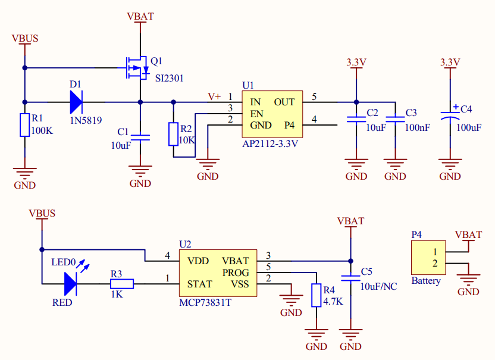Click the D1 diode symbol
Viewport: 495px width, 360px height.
pyautogui.click(x=76, y=102)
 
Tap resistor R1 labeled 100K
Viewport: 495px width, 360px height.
pyautogui.click(x=24, y=125)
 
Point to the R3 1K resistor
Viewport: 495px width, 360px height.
pyautogui.click(x=122, y=284)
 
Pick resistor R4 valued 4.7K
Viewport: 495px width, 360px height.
pyautogui.click(x=316, y=296)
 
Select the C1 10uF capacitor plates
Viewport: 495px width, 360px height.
pyautogui.click(x=140, y=137)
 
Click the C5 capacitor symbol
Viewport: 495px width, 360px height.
pyautogui.click(x=350, y=278)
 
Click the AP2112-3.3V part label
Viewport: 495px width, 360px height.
pyautogui.click(x=270, y=144)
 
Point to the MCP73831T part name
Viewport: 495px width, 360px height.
pyautogui.click(x=205, y=303)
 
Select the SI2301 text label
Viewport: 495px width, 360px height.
pyautogui.click(x=170, y=78)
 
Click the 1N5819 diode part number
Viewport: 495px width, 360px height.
pyautogui.click(x=86, y=120)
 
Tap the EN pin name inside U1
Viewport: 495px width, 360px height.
pyautogui.click(x=256, y=114)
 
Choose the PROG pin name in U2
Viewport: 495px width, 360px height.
pyautogui.click(x=236, y=272)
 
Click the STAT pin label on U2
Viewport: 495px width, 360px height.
pyautogui.click(x=199, y=284)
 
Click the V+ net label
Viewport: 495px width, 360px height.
pyautogui.click(x=214, y=96)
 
